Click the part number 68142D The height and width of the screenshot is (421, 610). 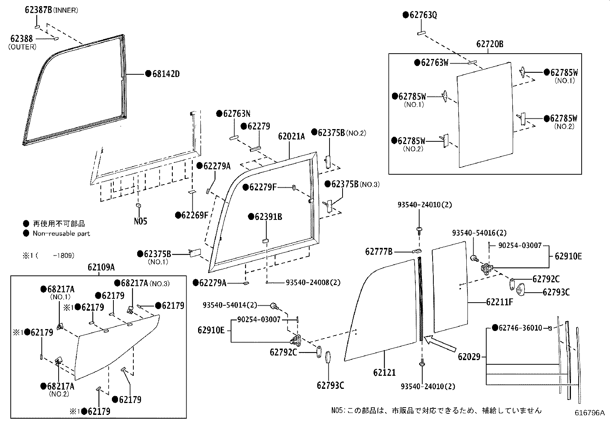(x=166, y=74)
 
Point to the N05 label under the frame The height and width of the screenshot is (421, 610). (x=140, y=221)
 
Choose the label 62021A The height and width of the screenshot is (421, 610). (x=291, y=136)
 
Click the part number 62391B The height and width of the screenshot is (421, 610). (x=268, y=217)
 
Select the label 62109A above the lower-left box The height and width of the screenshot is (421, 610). (x=101, y=267)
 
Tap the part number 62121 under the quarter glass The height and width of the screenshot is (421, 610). (x=384, y=372)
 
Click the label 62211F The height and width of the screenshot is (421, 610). (x=499, y=302)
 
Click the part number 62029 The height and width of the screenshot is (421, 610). (x=469, y=357)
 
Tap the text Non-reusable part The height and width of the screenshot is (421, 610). (x=61, y=233)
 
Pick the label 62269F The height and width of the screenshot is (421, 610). (x=194, y=215)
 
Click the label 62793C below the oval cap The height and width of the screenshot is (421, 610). (x=330, y=385)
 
